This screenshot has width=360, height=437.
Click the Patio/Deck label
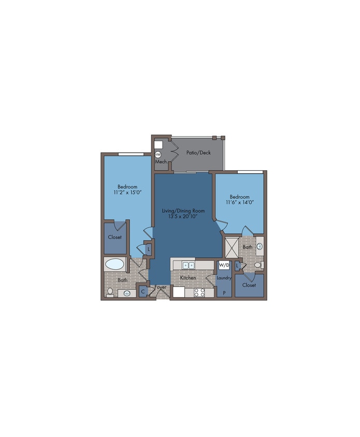pos(198,153)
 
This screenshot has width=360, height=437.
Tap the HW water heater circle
pos(158,154)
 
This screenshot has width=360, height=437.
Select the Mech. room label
pos(161,162)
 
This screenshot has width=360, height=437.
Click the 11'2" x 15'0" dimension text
pos(127,192)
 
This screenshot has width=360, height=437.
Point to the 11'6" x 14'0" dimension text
pos(239,202)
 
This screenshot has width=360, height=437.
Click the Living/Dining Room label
pos(183,211)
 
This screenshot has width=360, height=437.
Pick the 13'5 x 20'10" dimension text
pos(183,216)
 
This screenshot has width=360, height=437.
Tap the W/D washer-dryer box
pos(224,265)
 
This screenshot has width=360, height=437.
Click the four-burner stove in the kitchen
pos(199,293)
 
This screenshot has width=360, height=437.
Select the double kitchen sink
pos(189,265)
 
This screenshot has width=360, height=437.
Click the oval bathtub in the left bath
pos(115,264)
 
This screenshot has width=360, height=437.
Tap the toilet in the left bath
pos(110,293)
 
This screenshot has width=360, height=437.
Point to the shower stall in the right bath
pos(232,247)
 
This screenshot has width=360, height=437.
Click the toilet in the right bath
pos(259,265)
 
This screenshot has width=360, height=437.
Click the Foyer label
pos(161,287)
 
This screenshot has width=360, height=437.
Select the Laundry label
pos(224,278)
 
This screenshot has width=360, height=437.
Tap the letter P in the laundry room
pos(224,293)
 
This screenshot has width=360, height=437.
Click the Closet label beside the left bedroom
pos(114,237)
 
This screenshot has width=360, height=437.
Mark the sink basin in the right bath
pos(260,246)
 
